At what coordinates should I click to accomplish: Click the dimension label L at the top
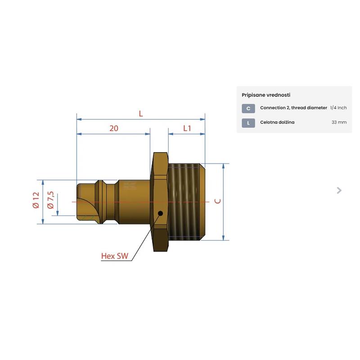coord(141,114)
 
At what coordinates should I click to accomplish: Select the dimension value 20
coord(114,128)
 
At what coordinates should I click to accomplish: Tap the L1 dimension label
coord(187,128)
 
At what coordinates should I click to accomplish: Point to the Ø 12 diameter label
coord(36,200)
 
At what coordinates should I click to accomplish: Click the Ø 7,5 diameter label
coord(50,200)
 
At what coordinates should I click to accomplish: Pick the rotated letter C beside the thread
coord(217,201)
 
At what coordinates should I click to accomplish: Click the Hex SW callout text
coord(115,256)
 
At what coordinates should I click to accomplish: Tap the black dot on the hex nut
coord(161,213)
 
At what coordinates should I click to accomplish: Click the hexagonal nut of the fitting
coord(161,202)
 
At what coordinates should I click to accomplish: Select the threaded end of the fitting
coord(186,202)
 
